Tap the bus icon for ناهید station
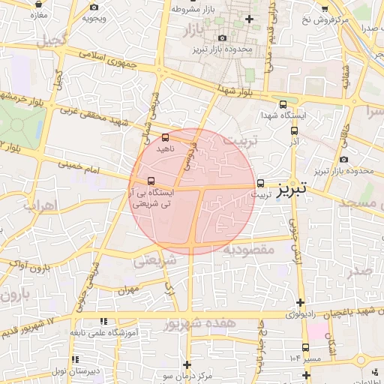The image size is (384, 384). pyautogui.click(x=166, y=137)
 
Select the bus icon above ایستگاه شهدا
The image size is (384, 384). pyautogui.click(x=283, y=105)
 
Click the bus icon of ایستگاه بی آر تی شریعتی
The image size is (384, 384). pyautogui.click(x=152, y=181)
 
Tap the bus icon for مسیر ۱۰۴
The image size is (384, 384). pyautogui.click(x=305, y=346)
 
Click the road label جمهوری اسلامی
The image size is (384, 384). pyautogui.click(x=106, y=59)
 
